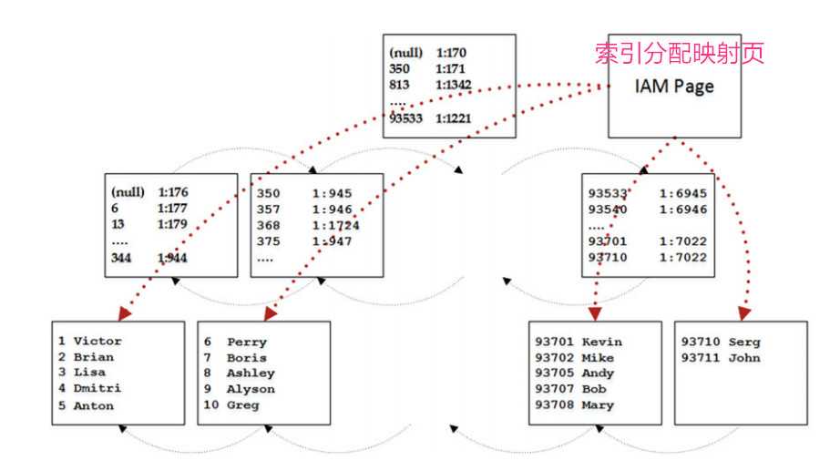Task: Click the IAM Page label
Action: point(674,87)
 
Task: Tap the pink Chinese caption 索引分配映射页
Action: point(679,53)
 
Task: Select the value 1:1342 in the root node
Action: point(455,85)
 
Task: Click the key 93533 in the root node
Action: point(406,118)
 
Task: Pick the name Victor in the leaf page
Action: point(97,342)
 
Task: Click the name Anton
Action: point(94,405)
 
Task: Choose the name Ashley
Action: point(251,374)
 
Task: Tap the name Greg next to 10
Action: point(243,405)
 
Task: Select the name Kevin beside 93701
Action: point(601,342)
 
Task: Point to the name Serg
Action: point(745,342)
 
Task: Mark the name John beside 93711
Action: point(744,358)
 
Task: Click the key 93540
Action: point(606,210)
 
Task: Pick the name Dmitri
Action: point(97,389)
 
